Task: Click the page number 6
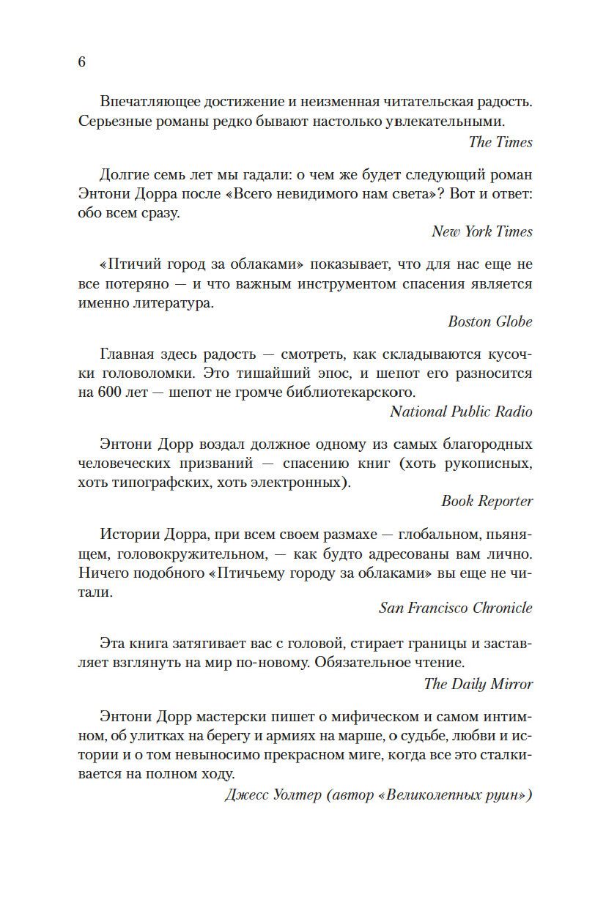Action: [81, 62]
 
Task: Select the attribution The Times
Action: [500, 142]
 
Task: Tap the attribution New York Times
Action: [481, 231]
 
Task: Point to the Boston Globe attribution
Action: [489, 321]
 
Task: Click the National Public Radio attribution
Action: [461, 412]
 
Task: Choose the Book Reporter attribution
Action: [487, 501]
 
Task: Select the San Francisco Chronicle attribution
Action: [455, 608]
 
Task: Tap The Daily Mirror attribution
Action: [478, 684]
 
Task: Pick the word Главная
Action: [126, 354]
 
